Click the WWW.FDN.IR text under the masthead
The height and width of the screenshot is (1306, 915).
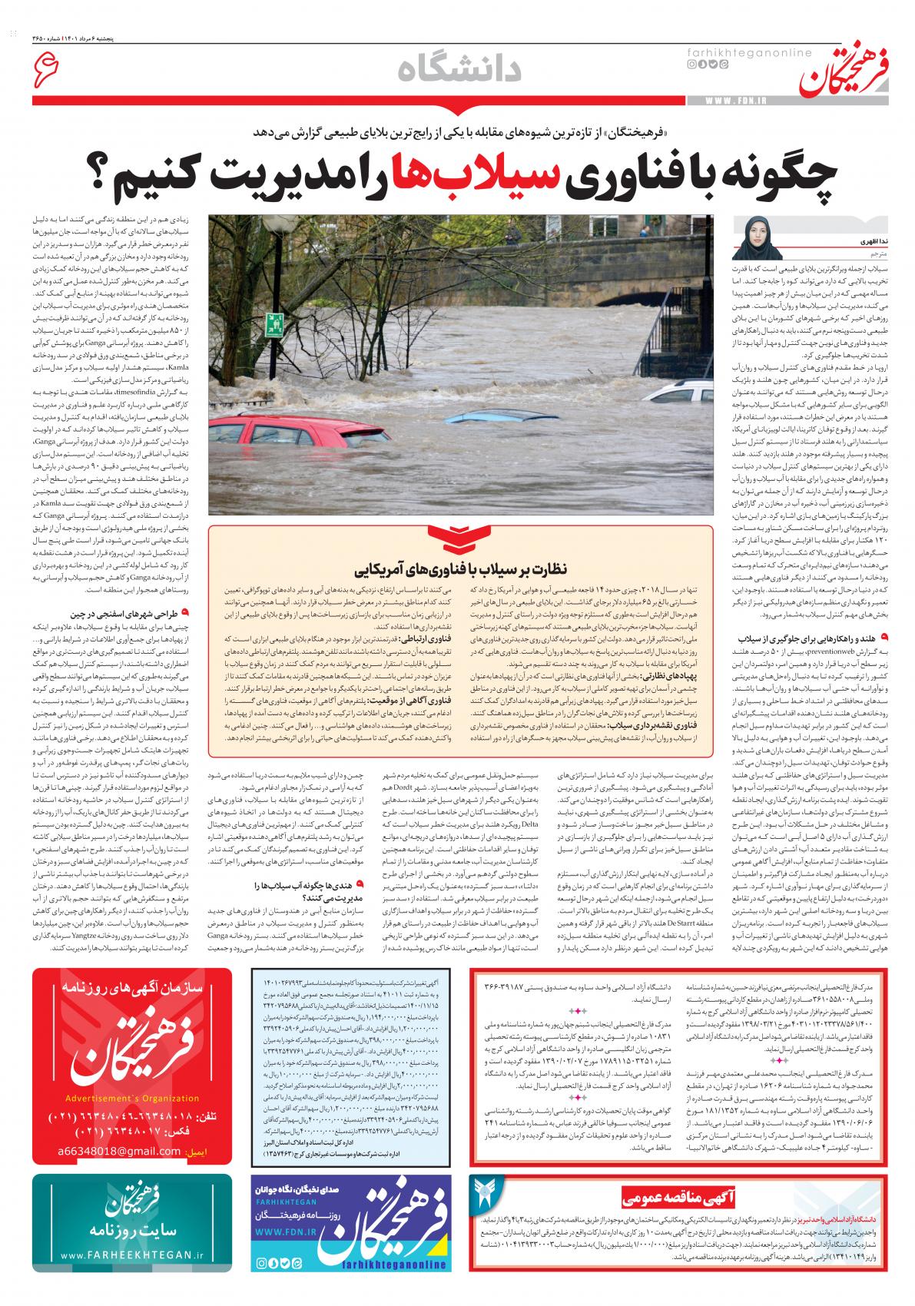tap(731, 101)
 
